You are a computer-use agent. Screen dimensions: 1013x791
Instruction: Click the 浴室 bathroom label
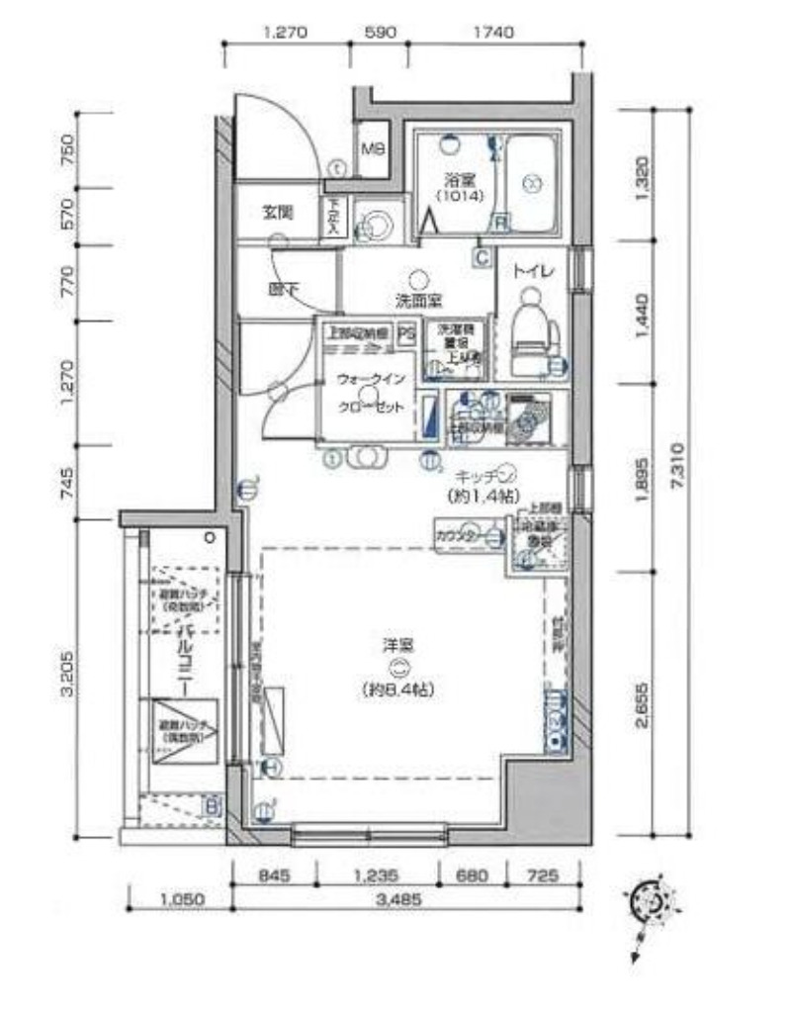pos(456,180)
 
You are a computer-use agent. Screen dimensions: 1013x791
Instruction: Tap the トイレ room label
pos(532,270)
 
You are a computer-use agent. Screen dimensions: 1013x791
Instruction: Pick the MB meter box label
pos(372,150)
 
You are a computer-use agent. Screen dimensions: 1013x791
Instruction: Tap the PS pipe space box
pos(406,333)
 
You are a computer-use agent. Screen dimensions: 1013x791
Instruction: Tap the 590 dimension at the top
pos(381,32)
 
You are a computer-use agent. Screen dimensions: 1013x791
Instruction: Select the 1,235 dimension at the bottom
pos(376,875)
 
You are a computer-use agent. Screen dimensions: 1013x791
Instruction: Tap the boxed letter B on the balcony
pos(211,805)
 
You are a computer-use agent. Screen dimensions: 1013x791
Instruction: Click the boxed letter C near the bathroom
pos(482,258)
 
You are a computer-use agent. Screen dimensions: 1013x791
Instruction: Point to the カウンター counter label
pos(456,535)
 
